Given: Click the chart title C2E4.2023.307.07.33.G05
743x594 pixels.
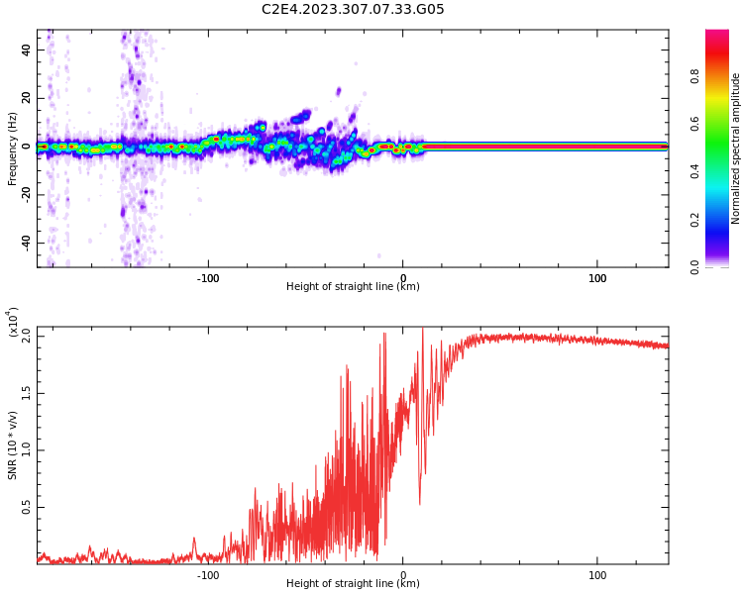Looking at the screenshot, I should pos(353,10).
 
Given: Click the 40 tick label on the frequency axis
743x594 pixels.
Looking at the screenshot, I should pos(27,49).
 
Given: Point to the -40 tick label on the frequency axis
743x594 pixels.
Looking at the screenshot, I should pos(27,243).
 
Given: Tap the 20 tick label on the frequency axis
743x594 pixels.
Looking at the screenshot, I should pos(27,98).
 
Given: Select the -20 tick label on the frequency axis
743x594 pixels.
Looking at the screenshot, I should pos(27,194).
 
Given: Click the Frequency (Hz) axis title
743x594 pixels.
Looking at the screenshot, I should pos(13,148).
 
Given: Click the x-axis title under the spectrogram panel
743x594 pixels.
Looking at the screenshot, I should pos(353,287).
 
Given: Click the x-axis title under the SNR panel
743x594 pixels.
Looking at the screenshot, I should pos(353,584).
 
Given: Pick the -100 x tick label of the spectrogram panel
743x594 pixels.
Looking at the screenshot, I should pos(207,278).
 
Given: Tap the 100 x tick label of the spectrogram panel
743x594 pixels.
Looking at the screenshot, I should pos(597,278).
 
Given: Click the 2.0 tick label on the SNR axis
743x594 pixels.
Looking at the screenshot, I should pos(27,337).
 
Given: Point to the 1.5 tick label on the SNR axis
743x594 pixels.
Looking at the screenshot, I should pos(27,393).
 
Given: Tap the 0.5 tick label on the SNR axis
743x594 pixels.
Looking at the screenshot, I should pos(27,507).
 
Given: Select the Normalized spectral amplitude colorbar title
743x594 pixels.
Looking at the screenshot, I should pos(736,148).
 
